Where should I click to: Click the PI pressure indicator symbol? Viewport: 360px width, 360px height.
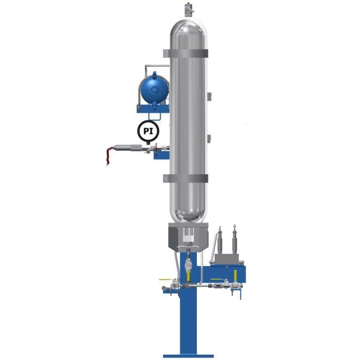pos(148,131)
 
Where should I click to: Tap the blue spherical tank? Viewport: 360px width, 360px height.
pos(155,89)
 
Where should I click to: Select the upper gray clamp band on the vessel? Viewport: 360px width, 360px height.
pos(186,54)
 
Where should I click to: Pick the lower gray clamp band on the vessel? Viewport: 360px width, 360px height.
pos(186,178)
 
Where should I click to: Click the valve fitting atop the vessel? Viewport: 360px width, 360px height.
pos(188,10)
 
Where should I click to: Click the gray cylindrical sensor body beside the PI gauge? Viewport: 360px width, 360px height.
pos(129,147)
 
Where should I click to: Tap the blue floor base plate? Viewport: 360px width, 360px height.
pos(188,356)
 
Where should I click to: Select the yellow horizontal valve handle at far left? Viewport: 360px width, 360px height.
pos(165,280)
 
